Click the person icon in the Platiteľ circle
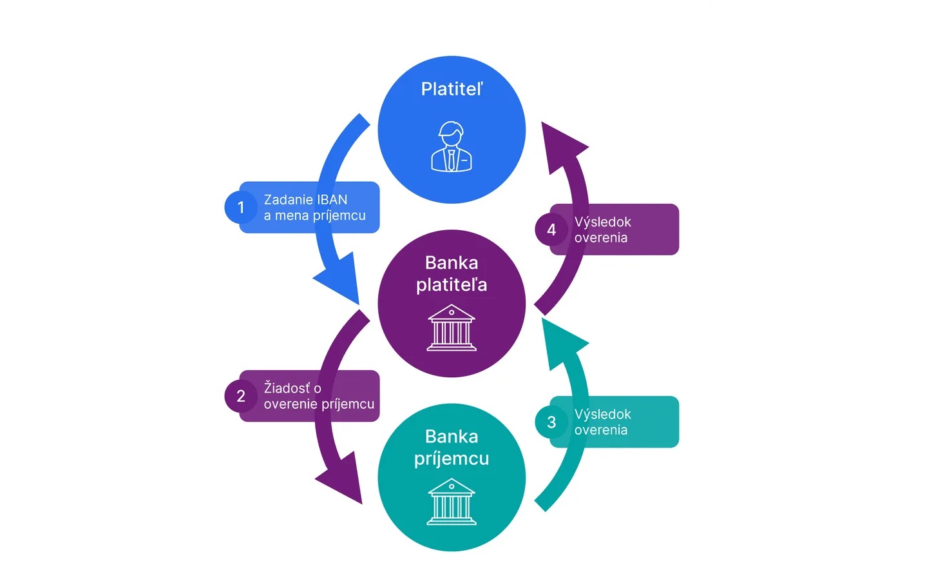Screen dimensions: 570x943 click(451, 147)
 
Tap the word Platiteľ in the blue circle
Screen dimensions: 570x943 click(452, 89)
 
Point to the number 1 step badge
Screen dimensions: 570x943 click(241, 207)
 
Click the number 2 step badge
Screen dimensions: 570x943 click(241, 396)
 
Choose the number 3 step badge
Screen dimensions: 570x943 click(551, 422)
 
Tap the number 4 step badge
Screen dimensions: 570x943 click(551, 230)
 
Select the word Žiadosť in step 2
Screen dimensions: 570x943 click(287, 388)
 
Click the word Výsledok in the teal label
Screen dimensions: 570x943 click(602, 414)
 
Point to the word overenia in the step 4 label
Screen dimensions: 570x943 click(600, 238)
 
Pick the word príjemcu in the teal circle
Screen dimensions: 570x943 click(452, 458)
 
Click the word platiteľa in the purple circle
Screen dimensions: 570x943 click(452, 284)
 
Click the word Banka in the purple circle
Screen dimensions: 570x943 click(452, 262)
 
